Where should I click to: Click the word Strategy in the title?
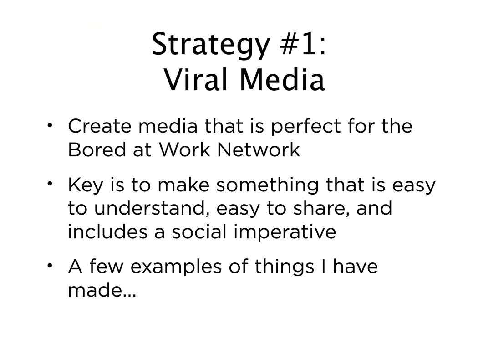click(211, 45)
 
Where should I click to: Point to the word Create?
click(100, 126)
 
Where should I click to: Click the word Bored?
click(97, 149)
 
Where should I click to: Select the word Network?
click(259, 149)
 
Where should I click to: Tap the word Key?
click(86, 186)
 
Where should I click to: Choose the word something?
click(268, 186)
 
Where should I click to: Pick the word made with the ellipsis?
click(102, 290)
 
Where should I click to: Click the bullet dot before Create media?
click(50, 125)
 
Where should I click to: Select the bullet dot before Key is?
click(50, 184)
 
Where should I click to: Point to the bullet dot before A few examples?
click(50, 266)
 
